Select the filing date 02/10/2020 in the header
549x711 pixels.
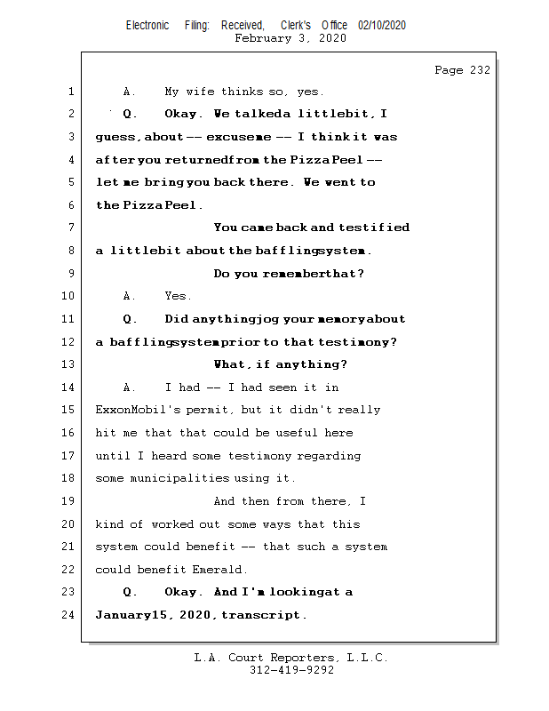pyautogui.click(x=382, y=26)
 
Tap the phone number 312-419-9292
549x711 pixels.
pyautogui.click(x=291, y=670)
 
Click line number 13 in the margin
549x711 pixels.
pyautogui.click(x=68, y=364)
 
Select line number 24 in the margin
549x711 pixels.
pyautogui.click(x=68, y=615)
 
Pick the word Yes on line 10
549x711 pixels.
pyautogui.click(x=178, y=296)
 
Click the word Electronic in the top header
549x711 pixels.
pyautogui.click(x=147, y=26)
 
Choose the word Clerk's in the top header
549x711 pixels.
pyautogui.click(x=296, y=26)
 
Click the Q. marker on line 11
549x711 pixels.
pyautogui.click(x=129, y=319)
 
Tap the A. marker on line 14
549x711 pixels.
pyautogui.click(x=129, y=387)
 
